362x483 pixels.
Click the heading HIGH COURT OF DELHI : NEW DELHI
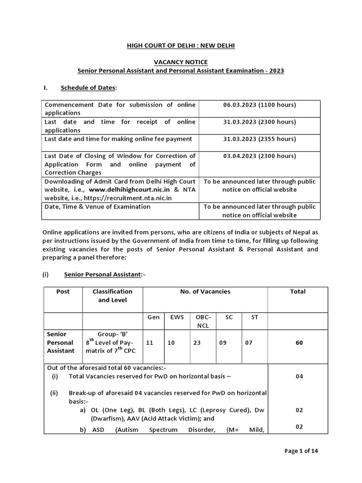pos(181,45)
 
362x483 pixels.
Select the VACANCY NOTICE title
pos(181,62)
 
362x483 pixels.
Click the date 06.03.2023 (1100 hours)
pos(259,105)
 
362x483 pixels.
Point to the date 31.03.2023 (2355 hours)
pos(259,139)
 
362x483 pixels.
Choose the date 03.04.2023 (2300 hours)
pos(259,156)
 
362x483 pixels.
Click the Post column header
pos(63,291)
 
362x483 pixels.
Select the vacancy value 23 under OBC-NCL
pos(197,343)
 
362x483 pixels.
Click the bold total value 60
pos(299,343)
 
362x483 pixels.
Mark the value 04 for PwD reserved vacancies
pos(299,376)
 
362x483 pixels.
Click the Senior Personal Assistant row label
pos(60,342)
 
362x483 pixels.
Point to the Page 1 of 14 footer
pos(301,451)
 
